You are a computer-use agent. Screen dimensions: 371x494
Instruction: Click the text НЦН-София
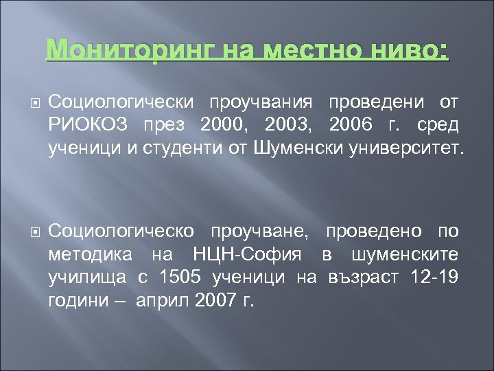click(x=255, y=255)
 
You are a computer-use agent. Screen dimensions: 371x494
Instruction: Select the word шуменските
click(x=404, y=255)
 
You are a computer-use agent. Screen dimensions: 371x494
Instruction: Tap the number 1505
click(x=182, y=277)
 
